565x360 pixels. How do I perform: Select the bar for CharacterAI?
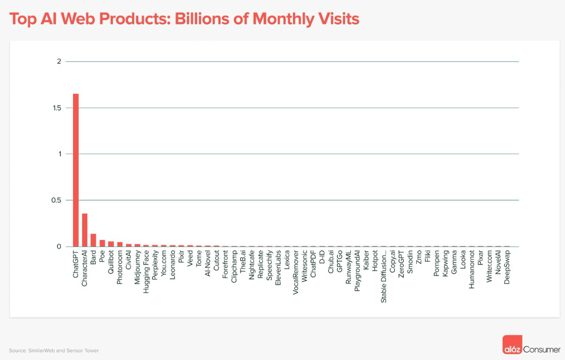pyautogui.click(x=85, y=230)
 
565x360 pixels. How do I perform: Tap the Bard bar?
pyautogui.click(x=93, y=240)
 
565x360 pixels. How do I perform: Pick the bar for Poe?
pyautogui.click(x=102, y=243)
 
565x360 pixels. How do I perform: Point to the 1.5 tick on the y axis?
pyautogui.click(x=57, y=108)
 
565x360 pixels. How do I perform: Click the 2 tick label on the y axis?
pyautogui.click(x=59, y=62)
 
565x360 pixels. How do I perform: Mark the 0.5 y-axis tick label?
pyautogui.click(x=56, y=200)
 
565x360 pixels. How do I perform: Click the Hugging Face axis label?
pyautogui.click(x=146, y=272)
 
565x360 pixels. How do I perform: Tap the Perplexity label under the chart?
pyautogui.click(x=155, y=265)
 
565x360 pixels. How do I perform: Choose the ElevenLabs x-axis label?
pyautogui.click(x=278, y=268)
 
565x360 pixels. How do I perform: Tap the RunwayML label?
pyautogui.click(x=348, y=267)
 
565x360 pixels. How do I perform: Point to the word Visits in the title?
pyautogui.click(x=338, y=19)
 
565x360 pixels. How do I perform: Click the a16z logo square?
pyautogui.click(x=512, y=344)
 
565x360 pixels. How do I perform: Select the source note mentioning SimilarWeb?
pyautogui.click(x=54, y=351)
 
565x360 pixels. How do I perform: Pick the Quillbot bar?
pyautogui.click(x=111, y=244)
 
